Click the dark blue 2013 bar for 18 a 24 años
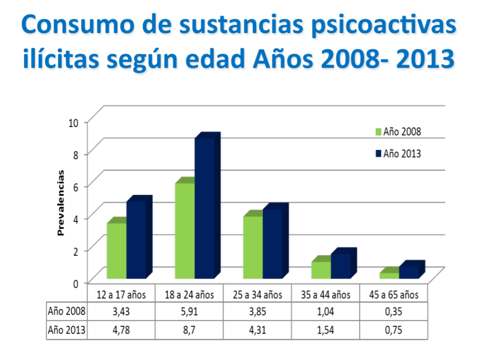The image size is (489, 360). pos(204,208)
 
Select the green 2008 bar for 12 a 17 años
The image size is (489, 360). pos(117,251)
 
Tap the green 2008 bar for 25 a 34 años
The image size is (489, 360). pos(253,247)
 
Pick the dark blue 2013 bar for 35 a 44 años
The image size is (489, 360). pos(340,266)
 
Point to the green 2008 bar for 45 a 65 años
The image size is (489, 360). pos(389,275)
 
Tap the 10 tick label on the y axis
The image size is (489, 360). pos(73,122)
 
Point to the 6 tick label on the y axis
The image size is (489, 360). pos(75,186)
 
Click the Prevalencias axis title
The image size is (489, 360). pos(61,202)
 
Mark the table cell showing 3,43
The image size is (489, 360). pos(121,312)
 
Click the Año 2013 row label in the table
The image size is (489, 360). pos(67,328)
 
